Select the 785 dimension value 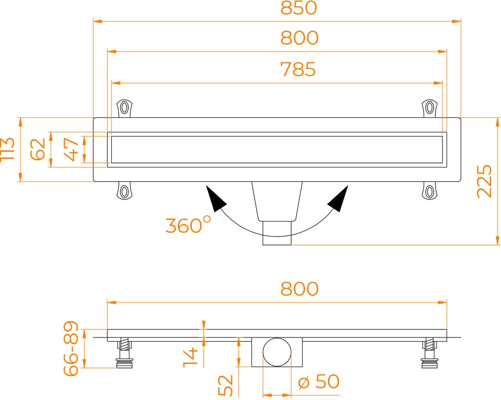[298, 69]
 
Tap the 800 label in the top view [299, 37]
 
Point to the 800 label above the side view [299, 288]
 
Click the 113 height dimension [7, 149]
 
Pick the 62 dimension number [37, 149]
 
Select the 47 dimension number [71, 149]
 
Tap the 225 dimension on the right [484, 181]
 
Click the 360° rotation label [188, 224]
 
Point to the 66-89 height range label [71, 348]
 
